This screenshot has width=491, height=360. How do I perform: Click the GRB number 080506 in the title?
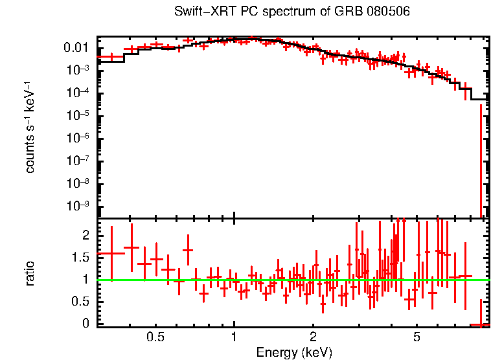[386, 12]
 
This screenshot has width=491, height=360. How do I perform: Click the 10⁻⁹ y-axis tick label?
[79, 207]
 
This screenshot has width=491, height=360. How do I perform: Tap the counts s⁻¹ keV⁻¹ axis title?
[30, 127]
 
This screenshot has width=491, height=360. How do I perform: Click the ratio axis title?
[30, 273]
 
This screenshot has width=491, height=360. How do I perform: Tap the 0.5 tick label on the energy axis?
[155, 337]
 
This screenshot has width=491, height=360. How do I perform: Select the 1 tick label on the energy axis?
[234, 337]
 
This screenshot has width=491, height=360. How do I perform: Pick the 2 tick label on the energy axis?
[313, 337]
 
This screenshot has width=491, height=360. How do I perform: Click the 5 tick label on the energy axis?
[417, 337]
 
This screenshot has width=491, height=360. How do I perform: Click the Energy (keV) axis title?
[294, 352]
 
